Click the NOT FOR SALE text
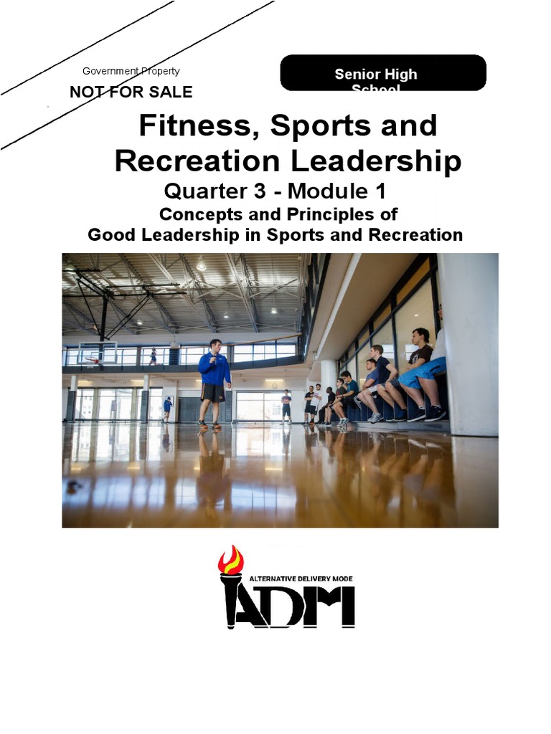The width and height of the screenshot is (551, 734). (131, 92)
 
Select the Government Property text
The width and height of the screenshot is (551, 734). (131, 71)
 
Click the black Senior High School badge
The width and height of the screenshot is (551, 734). (383, 73)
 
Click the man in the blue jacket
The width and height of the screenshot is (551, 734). (214, 373)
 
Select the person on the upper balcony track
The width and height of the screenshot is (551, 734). (153, 356)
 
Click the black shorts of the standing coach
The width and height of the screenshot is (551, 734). (213, 392)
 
